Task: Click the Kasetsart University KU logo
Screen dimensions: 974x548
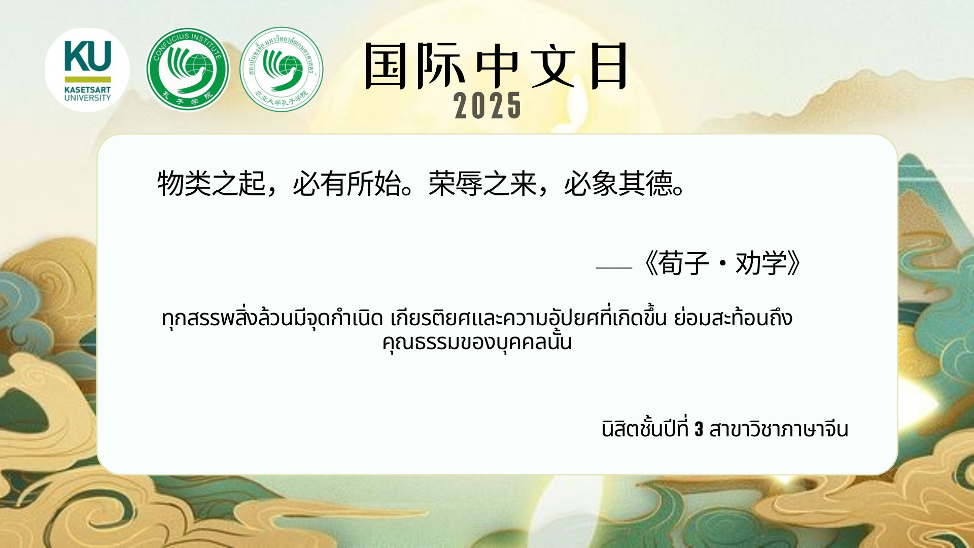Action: click(x=87, y=70)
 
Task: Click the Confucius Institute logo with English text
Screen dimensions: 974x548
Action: click(x=188, y=69)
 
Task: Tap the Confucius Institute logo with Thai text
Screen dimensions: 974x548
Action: click(x=282, y=70)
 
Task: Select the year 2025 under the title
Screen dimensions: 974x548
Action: click(x=488, y=106)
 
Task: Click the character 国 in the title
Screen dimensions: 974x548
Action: click(x=386, y=66)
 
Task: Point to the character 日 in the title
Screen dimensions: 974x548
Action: click(x=609, y=66)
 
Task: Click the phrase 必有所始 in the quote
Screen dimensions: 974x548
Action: click(x=347, y=183)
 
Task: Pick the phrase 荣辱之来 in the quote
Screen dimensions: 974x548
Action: click(x=482, y=183)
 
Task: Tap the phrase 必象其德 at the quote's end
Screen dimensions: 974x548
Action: click(x=618, y=183)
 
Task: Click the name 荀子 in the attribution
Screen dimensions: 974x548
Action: click(x=683, y=263)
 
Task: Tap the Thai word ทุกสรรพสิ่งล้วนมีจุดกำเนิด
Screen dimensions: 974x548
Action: click(x=272, y=318)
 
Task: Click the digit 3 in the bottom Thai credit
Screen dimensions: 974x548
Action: click(x=699, y=429)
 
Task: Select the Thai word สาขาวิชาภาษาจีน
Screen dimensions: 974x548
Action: click(x=779, y=429)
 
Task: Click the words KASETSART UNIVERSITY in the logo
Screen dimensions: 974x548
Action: click(x=87, y=94)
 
